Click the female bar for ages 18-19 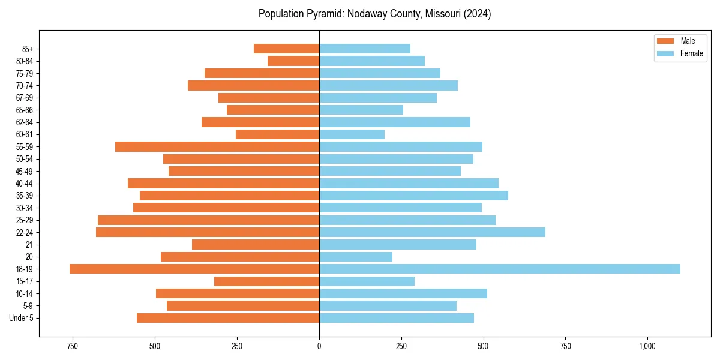point(499,269)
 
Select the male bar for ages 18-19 point(194,269)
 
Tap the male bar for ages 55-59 point(217,146)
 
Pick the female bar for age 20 point(356,257)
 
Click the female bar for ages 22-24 point(432,232)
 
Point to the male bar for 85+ point(286,49)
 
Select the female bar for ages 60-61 point(352,134)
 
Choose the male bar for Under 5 point(228,318)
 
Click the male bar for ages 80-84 point(293,61)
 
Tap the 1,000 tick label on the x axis point(647,346)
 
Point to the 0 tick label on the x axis point(319,346)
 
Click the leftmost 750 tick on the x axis point(73,346)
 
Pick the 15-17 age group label point(25,281)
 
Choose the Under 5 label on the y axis point(22,318)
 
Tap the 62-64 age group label point(25,122)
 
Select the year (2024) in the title point(478,14)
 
